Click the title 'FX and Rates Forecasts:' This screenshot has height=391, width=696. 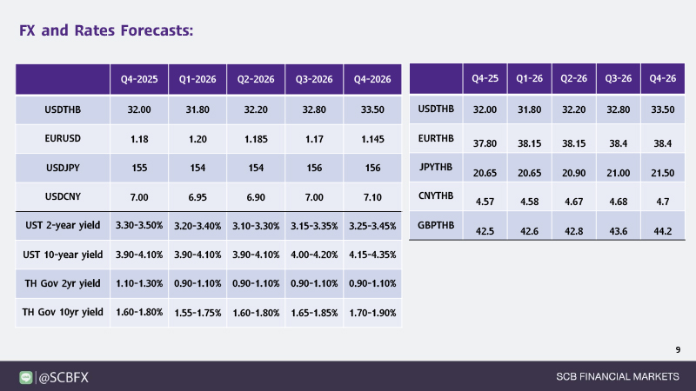(x=105, y=30)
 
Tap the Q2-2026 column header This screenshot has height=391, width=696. (x=256, y=80)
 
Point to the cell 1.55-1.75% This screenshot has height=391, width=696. (x=197, y=312)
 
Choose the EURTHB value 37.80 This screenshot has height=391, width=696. (x=485, y=143)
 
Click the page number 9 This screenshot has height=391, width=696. (x=677, y=349)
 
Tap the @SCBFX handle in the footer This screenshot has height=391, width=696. (x=64, y=377)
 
